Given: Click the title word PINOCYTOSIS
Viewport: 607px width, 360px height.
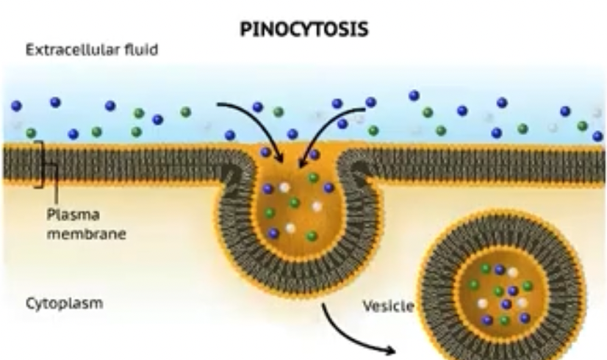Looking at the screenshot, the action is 304,30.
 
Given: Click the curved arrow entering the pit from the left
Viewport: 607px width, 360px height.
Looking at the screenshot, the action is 250,121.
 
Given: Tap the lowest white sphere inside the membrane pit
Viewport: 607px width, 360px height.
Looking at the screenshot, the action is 290,228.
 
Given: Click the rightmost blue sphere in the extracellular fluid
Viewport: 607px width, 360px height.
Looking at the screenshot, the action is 597,136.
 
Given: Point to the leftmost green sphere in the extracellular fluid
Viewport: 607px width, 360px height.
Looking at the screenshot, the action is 31,133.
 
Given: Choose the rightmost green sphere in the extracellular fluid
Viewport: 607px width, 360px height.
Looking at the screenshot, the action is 583,126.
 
